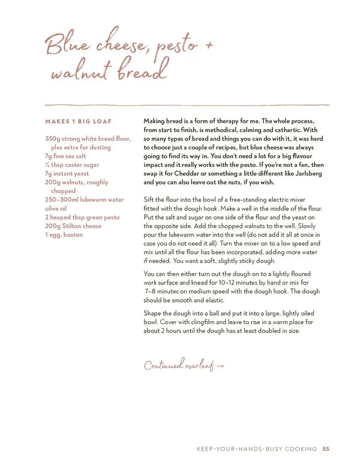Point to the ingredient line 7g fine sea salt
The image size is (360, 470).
point(69,156)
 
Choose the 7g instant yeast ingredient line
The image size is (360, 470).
point(68,173)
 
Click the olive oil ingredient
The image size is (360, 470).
point(59,208)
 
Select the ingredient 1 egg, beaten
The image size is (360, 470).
point(64,235)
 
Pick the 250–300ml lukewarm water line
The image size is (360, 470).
point(84,200)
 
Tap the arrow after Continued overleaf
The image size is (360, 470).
point(220,366)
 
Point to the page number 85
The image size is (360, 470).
point(326,448)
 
